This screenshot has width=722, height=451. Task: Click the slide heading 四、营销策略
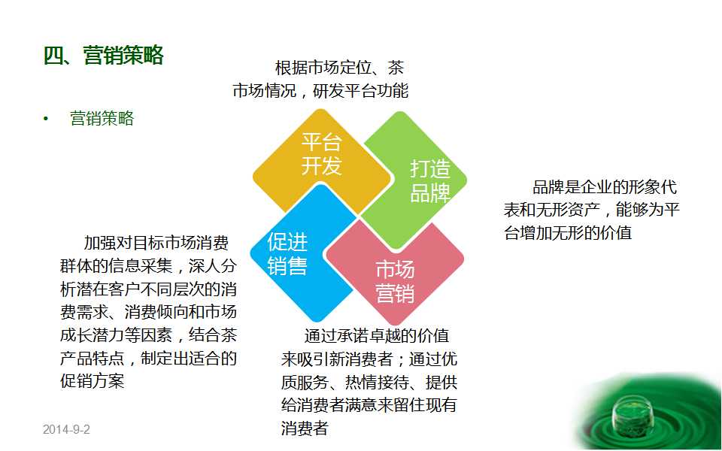(104, 56)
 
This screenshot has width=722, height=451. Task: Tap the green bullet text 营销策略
(102, 118)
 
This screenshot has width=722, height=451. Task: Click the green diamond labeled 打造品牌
(414, 180)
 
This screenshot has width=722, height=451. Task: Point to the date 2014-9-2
(66, 429)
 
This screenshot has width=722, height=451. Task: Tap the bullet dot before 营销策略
(46, 120)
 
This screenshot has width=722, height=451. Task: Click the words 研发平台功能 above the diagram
(360, 91)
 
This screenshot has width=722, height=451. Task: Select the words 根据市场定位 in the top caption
(323, 68)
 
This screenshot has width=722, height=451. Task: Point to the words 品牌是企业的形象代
(605, 187)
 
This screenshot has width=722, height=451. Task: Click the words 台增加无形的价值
(568, 233)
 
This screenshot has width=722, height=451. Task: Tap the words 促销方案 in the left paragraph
(92, 381)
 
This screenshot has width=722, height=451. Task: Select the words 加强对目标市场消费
(156, 243)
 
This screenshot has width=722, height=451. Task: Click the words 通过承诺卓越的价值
(377, 336)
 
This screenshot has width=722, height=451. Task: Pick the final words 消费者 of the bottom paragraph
(305, 428)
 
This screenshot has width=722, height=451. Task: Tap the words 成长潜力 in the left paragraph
(92, 334)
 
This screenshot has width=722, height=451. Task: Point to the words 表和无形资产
(551, 210)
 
